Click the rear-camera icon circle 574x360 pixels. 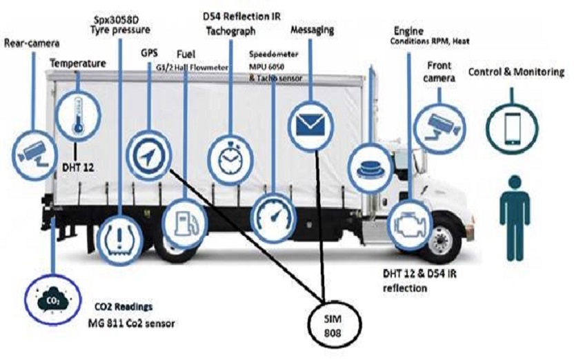pyautogui.click(x=32, y=148)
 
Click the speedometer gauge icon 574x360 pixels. pyautogui.click(x=273, y=216)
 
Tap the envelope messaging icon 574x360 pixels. pyautogui.click(x=309, y=124)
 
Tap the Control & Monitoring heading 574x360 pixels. pyautogui.click(x=517, y=72)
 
